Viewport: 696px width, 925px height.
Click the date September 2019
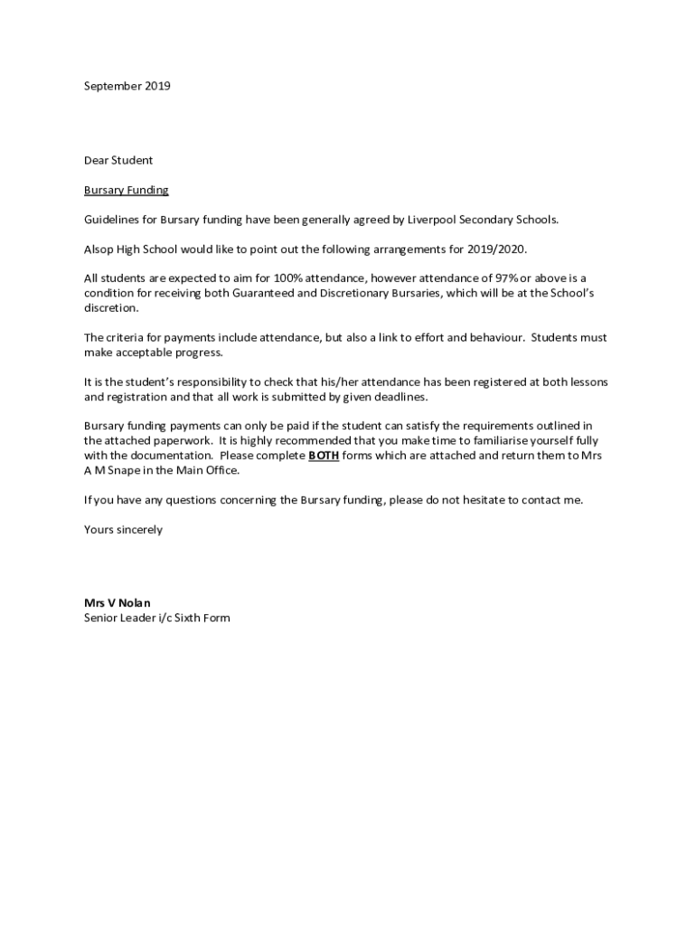coord(127,86)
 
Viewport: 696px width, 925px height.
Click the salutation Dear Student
coord(118,160)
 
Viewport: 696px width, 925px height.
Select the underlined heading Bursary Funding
coord(127,190)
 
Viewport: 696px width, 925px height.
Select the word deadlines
coord(397,397)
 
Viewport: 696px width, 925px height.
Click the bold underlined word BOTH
coord(324,456)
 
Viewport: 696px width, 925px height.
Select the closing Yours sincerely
coord(123,529)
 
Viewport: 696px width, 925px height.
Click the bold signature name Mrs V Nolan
coord(118,603)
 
